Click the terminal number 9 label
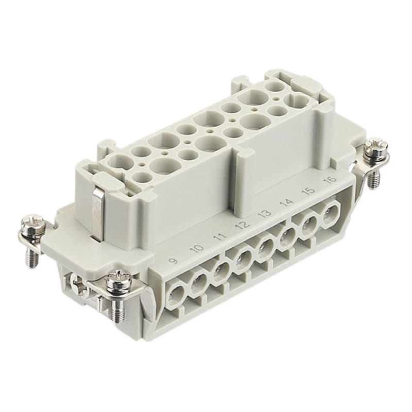pos(173,261)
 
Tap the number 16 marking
pos(331,180)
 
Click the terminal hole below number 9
pos(176,293)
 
